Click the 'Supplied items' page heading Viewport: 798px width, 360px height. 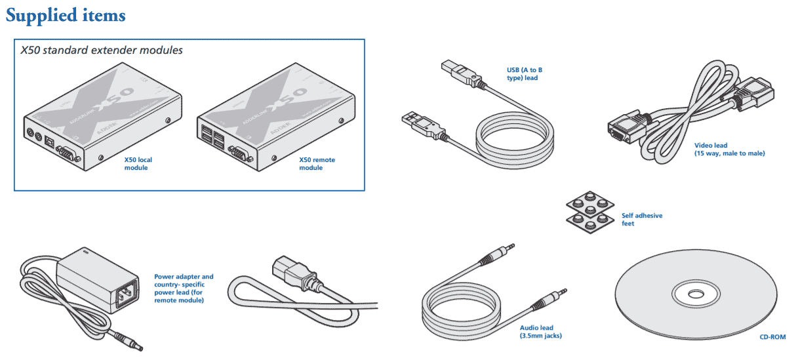point(66,15)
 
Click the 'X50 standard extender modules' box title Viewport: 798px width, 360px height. point(102,50)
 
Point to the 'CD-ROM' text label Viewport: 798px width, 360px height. point(772,338)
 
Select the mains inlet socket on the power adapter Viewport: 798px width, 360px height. point(128,296)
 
